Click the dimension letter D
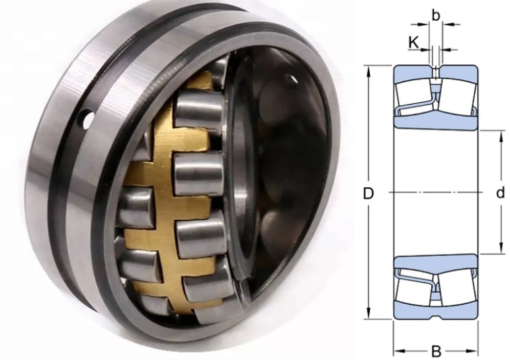pyautogui.click(x=368, y=194)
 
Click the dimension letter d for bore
pyautogui.click(x=500, y=193)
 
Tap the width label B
pyautogui.click(x=436, y=351)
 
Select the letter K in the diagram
pyautogui.click(x=413, y=42)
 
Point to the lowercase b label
pyautogui.click(x=436, y=15)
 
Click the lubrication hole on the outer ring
pyautogui.click(x=87, y=120)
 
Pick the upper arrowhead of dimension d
pyautogui.click(x=501, y=136)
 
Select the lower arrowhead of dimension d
pyautogui.click(x=501, y=249)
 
